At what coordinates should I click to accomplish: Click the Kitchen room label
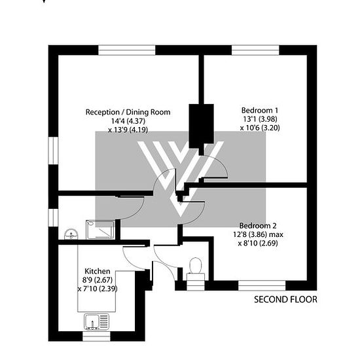(x=98, y=271)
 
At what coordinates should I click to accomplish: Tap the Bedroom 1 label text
(x=260, y=111)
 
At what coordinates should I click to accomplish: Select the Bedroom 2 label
(x=258, y=226)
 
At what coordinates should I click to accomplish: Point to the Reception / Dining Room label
(x=128, y=112)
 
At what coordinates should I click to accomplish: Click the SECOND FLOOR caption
(x=285, y=299)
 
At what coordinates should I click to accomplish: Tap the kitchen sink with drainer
(x=96, y=322)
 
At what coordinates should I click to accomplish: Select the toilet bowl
(x=196, y=266)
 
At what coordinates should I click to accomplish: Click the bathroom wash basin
(x=71, y=234)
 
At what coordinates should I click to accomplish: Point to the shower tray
(x=100, y=230)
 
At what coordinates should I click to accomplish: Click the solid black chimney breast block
(x=202, y=126)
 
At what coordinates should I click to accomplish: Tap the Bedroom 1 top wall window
(x=255, y=50)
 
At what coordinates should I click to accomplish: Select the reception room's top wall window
(x=127, y=50)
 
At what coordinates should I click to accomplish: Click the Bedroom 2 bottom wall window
(x=262, y=285)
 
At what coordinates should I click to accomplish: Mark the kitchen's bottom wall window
(x=96, y=336)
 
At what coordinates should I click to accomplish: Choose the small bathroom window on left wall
(x=53, y=217)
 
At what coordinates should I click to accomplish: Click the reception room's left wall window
(x=53, y=151)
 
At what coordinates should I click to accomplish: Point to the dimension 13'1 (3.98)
(x=260, y=119)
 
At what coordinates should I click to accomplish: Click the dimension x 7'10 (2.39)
(x=98, y=289)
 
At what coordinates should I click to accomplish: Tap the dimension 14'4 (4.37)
(x=128, y=121)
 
